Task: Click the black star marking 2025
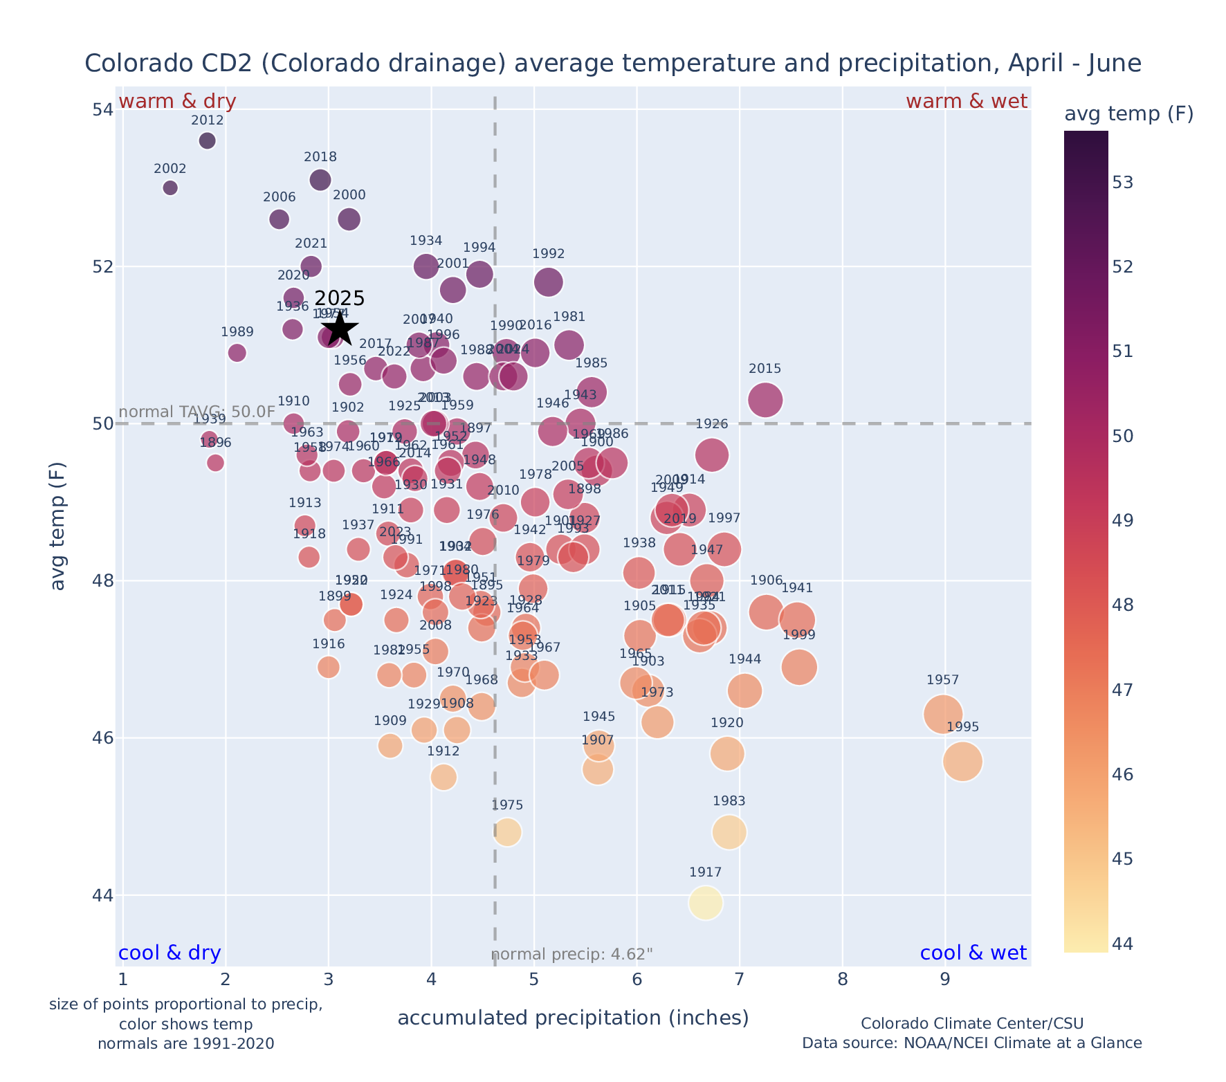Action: click(339, 329)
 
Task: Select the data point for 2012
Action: click(207, 141)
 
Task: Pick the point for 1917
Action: click(705, 903)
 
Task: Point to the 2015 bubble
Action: click(765, 400)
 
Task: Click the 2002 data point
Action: click(170, 188)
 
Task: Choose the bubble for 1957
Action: click(942, 714)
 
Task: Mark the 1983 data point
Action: click(729, 832)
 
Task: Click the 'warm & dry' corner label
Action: click(178, 102)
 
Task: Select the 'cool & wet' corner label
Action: click(973, 953)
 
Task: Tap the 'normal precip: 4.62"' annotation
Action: click(572, 955)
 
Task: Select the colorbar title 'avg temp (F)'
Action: click(1128, 114)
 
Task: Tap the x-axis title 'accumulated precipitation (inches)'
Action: click(573, 1018)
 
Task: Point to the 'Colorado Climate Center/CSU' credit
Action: click(971, 1024)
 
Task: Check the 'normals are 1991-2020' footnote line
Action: click(185, 1043)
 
